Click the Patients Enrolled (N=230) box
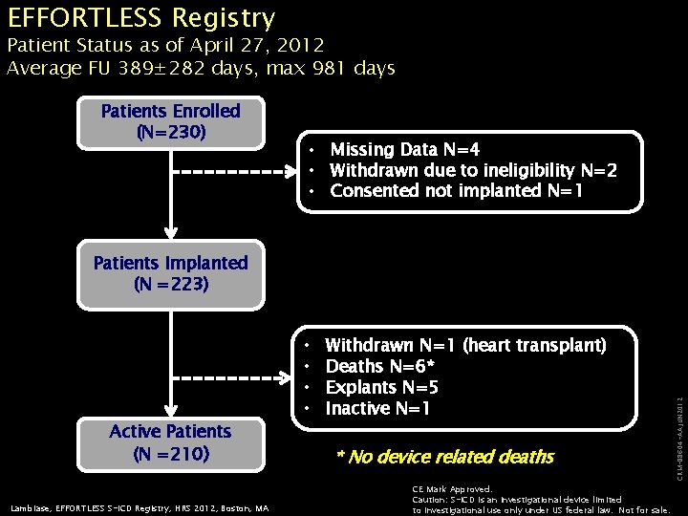[x=171, y=122]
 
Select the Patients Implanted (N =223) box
[x=171, y=273]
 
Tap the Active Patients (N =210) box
[x=171, y=442]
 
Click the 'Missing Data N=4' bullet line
[x=405, y=150]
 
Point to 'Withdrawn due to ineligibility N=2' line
[x=473, y=171]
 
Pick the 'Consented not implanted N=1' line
[x=456, y=191]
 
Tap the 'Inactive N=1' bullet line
[x=378, y=409]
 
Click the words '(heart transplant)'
[x=534, y=345]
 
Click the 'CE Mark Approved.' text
[x=452, y=489]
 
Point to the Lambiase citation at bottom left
[x=141, y=507]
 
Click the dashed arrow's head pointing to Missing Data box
[x=292, y=172]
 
